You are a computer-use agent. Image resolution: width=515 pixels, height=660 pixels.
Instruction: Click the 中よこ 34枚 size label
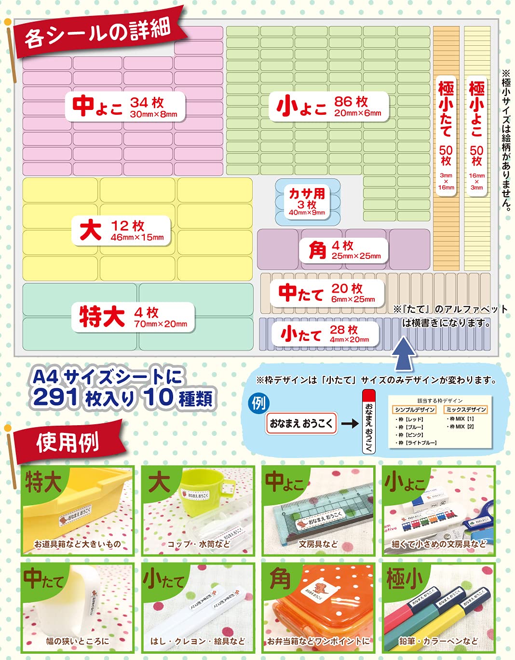coord(125,106)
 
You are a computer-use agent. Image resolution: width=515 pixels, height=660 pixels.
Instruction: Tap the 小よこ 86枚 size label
coord(329,106)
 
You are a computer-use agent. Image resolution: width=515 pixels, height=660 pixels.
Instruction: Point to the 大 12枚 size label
coord(122,230)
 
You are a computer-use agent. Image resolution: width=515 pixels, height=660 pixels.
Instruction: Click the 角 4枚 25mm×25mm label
coord(344,250)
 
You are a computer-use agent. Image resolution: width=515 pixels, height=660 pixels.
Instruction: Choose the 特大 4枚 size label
coord(133,317)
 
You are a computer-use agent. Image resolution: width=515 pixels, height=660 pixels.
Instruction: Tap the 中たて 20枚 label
coord(327,293)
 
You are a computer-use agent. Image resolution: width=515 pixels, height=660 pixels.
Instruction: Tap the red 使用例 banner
coord(68,441)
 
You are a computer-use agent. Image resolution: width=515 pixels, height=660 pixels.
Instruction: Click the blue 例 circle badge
coord(259,403)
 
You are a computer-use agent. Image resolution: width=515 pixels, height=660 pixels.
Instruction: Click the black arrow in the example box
coord(350,423)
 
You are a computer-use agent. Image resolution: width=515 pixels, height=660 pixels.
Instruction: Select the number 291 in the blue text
coord(55,398)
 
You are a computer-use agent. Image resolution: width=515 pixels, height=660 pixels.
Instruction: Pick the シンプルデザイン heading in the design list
coord(415,410)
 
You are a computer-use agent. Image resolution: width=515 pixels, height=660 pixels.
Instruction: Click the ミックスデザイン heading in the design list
coord(466,410)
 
